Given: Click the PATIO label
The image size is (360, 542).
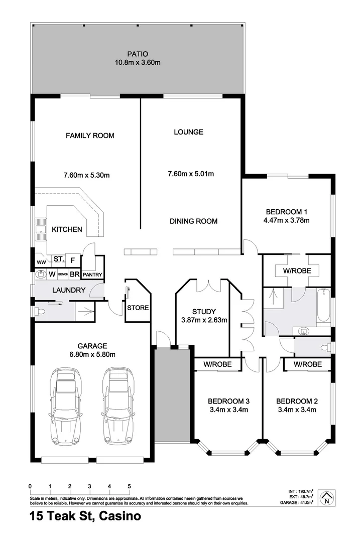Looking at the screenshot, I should [137, 54].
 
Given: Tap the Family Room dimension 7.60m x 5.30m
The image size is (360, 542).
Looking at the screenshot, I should [86, 175].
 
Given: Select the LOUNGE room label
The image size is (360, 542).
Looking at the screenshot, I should [188, 132].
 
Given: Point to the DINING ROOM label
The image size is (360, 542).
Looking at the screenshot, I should [193, 221].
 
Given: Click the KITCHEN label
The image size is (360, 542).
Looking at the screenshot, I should [67, 229].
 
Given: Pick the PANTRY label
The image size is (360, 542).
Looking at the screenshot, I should [92, 275].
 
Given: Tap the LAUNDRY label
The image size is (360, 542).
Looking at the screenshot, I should [69, 290].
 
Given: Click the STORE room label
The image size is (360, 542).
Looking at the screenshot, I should [138, 308].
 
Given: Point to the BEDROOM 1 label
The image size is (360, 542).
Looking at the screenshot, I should [286, 211].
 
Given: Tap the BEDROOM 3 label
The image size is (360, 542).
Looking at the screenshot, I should [229, 401].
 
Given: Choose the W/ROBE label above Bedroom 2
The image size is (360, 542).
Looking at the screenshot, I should [307, 364].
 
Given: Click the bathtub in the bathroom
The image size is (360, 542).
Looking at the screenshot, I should [323, 306].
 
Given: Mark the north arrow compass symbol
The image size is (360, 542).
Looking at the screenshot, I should [327, 497].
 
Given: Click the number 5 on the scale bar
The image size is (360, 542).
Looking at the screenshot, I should [129, 486].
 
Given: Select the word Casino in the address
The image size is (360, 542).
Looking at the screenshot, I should [120, 515].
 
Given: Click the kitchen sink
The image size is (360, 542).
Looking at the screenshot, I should [39, 231].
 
